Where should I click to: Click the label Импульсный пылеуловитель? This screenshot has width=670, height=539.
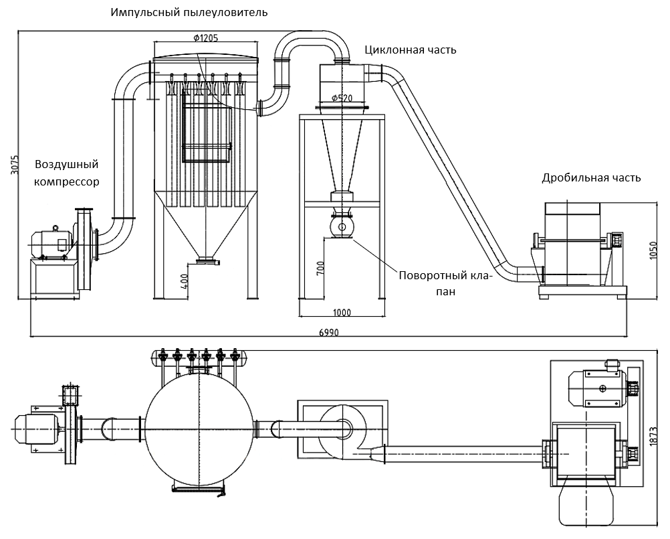(x=189, y=13)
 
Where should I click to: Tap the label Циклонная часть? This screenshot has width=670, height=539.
(x=410, y=50)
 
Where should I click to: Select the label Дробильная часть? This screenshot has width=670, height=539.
(x=591, y=177)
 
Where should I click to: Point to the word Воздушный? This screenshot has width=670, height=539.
(x=67, y=164)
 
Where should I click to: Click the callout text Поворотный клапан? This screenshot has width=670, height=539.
(x=445, y=283)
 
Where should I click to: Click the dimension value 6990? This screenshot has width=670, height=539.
(x=328, y=332)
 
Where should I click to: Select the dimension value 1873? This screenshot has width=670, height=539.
(x=653, y=437)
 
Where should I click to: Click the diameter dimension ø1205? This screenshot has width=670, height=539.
(x=205, y=38)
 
